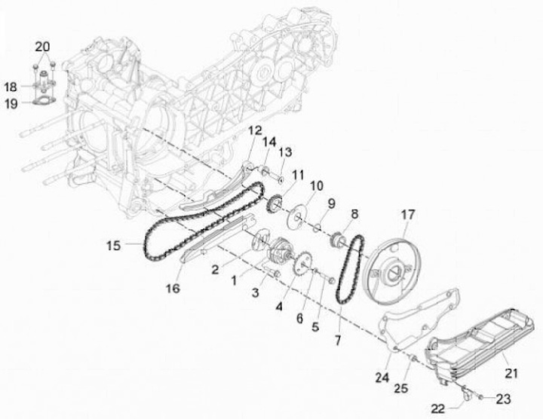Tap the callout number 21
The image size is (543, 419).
pyautogui.click(x=512, y=372)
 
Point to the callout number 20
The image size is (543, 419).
pyautogui.click(x=42, y=47)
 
